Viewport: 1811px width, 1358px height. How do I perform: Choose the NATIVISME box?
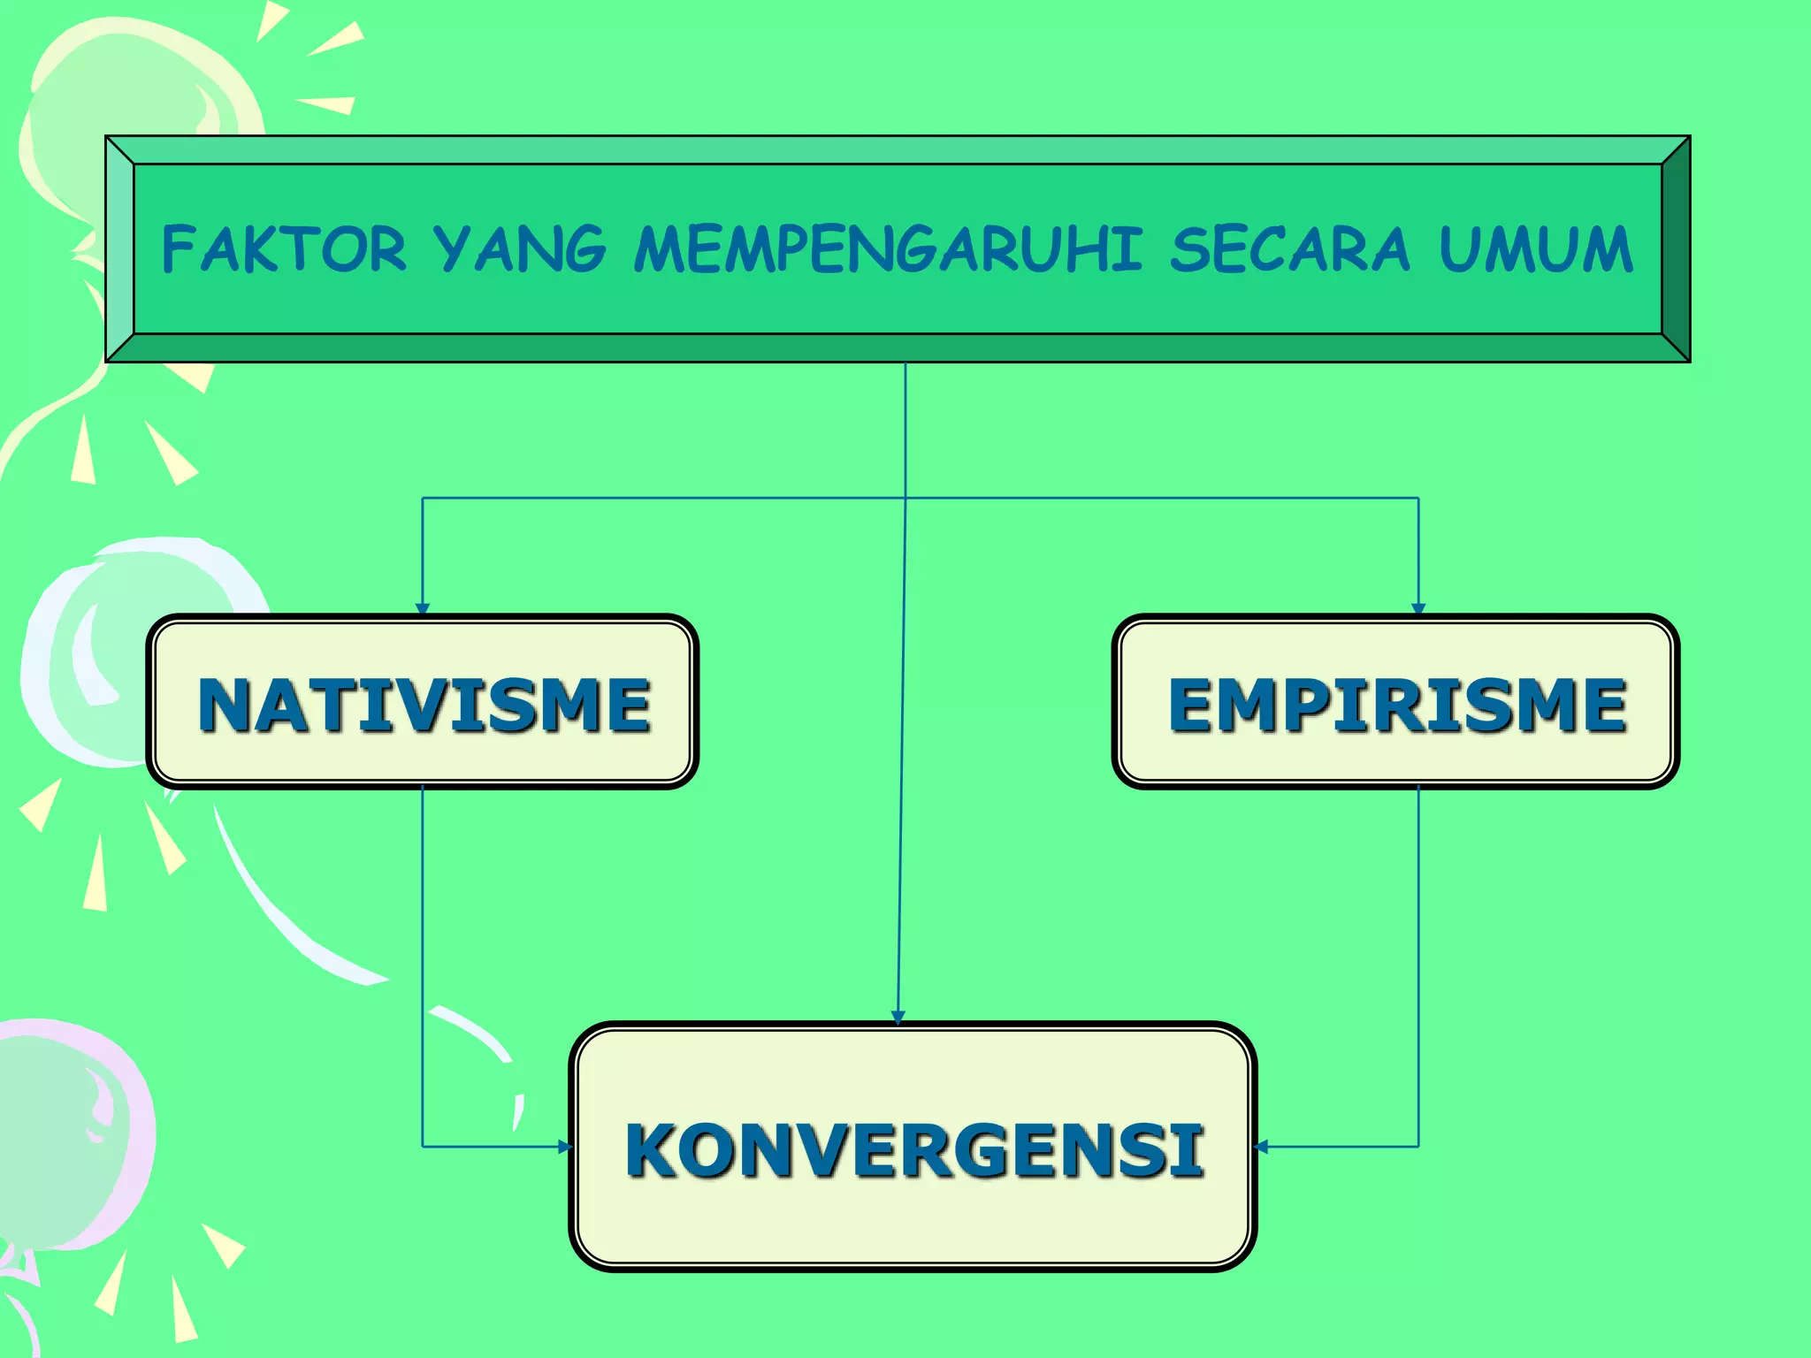(423, 701)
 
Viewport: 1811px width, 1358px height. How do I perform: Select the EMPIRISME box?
(1395, 701)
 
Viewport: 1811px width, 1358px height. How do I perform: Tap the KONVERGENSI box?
(913, 1147)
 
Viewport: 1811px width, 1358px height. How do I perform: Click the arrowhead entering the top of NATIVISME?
(423, 608)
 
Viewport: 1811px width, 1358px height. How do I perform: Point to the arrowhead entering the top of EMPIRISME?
(1418, 608)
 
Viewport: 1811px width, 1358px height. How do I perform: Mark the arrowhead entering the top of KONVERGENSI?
(898, 1018)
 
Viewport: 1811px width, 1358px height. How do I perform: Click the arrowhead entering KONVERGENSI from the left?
(565, 1147)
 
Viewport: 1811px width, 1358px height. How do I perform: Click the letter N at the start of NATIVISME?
(226, 705)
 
